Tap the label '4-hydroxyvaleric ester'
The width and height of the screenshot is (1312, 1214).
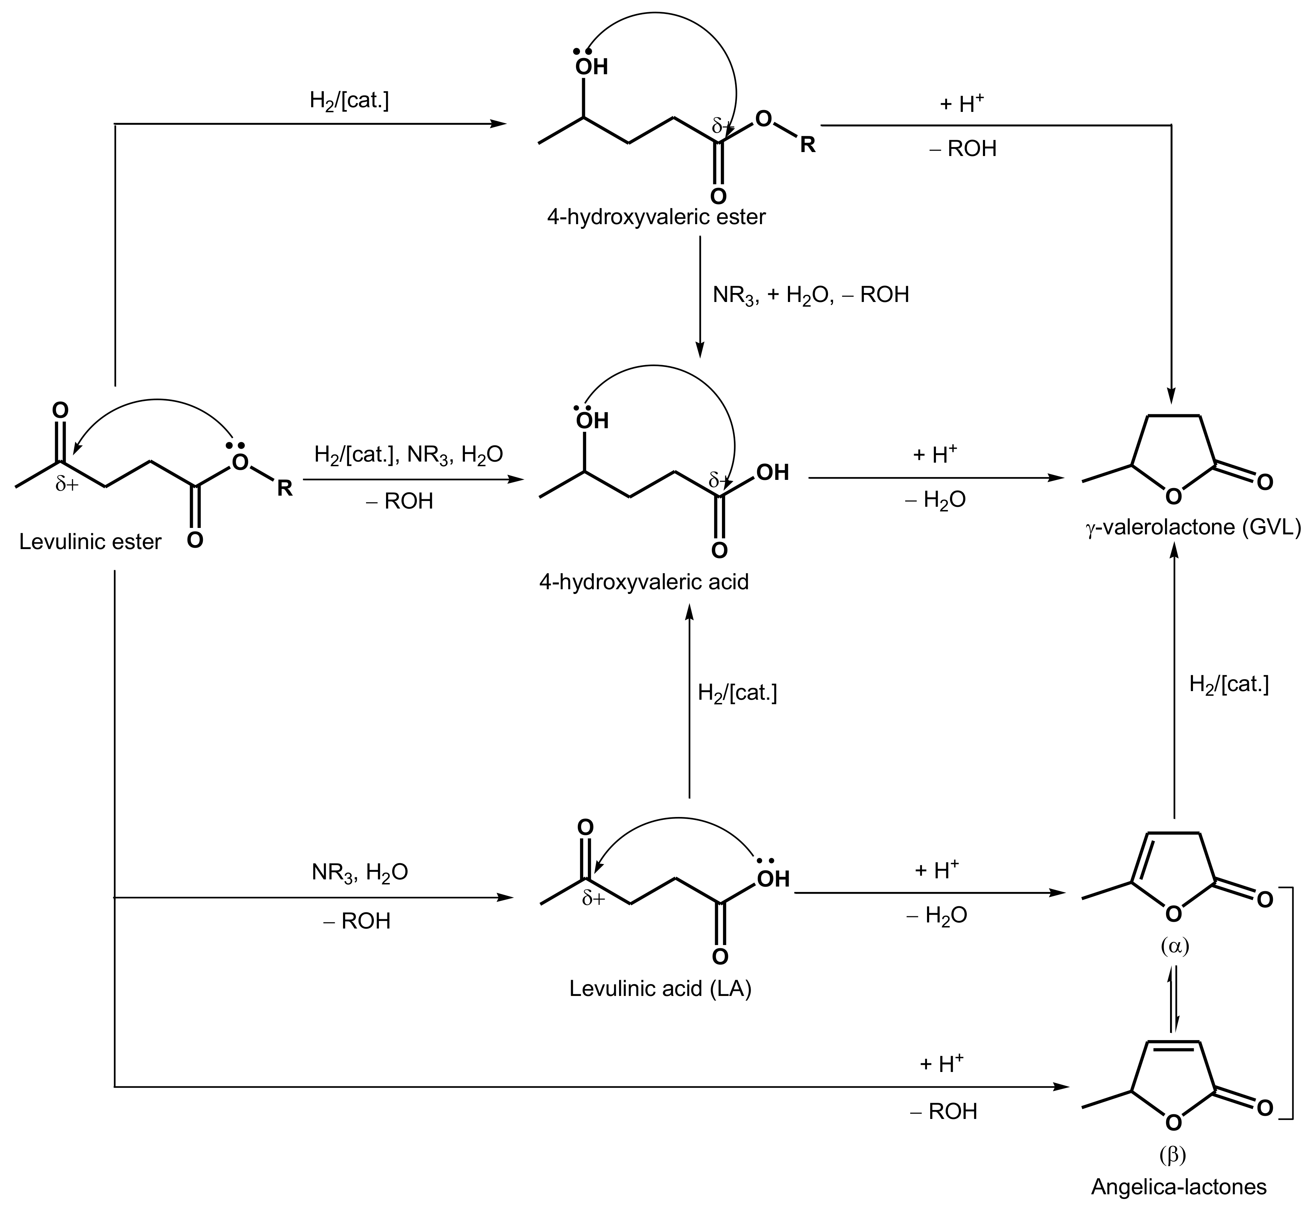[656, 217]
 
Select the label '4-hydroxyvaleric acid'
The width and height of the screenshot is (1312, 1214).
[643, 582]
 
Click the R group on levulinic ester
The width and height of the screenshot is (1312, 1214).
[284, 488]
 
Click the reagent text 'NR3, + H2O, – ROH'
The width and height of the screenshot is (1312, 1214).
[810, 295]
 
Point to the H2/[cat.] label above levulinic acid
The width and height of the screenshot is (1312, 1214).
[737, 693]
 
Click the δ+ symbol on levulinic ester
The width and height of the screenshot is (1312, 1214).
[67, 485]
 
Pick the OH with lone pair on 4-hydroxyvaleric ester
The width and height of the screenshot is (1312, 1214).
[591, 66]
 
